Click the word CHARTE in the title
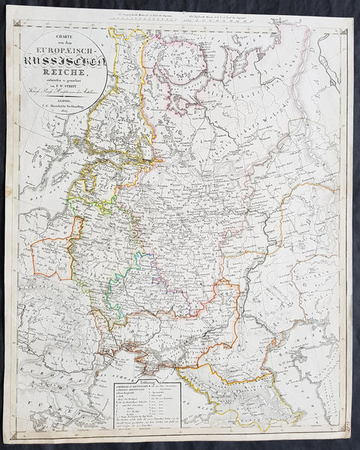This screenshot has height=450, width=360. coord(67,38)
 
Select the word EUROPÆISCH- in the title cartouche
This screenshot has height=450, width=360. coord(67,46)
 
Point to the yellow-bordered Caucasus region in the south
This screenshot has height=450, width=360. coord(225,382)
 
